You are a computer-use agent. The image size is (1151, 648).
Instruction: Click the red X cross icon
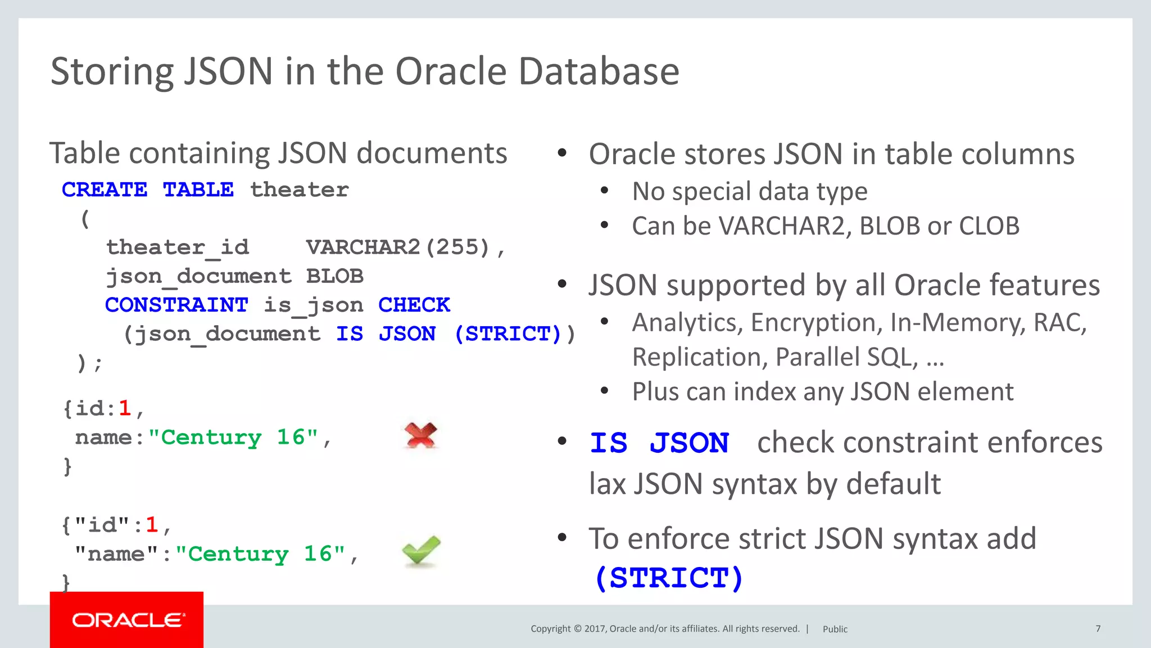click(x=421, y=435)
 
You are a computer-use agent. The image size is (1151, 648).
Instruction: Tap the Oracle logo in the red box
click(x=128, y=620)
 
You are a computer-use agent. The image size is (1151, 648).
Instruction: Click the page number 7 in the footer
click(x=1098, y=628)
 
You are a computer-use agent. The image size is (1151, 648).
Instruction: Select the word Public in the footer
click(x=835, y=629)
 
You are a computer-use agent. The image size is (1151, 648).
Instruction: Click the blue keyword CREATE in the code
click(x=105, y=190)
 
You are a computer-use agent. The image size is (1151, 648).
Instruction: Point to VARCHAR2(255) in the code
click(x=398, y=247)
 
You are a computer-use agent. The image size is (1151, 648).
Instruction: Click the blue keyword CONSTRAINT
click(x=176, y=305)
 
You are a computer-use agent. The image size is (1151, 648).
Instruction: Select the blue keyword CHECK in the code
click(x=414, y=305)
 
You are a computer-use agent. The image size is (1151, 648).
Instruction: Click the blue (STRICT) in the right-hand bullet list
click(x=668, y=578)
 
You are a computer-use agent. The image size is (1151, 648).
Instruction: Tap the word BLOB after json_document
click(x=335, y=276)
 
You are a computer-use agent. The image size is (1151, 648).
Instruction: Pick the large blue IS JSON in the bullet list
click(x=660, y=443)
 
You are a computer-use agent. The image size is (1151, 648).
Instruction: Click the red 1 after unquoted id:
click(x=125, y=408)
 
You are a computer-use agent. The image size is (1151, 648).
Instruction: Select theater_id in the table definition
click(x=178, y=247)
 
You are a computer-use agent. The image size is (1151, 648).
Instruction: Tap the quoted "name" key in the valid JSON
click(x=117, y=554)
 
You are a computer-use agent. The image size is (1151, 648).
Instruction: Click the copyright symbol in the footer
click(x=577, y=628)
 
